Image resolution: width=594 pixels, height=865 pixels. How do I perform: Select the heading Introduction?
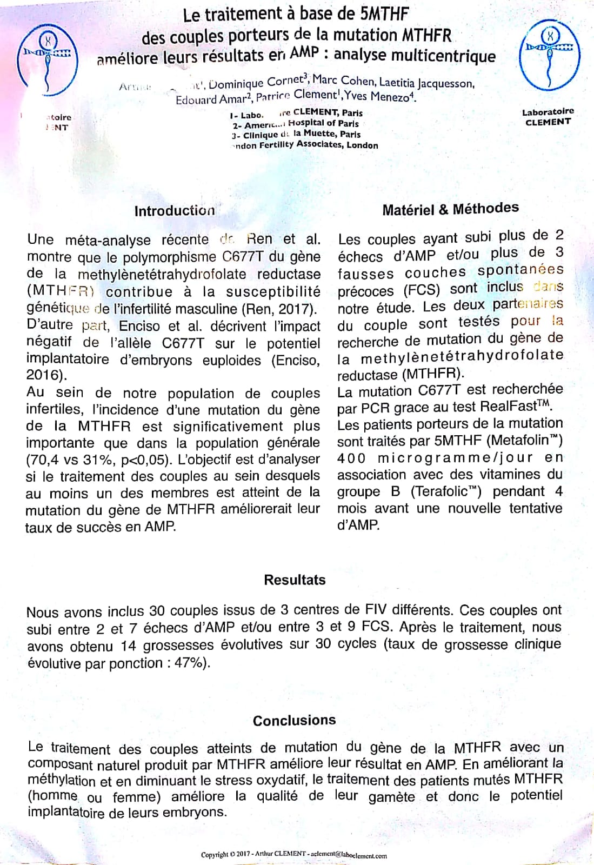(x=175, y=211)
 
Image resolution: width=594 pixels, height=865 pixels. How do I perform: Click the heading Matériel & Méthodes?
(x=450, y=209)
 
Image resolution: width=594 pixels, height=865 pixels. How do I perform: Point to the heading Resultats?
(x=295, y=580)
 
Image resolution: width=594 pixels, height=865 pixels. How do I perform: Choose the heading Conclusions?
(x=294, y=720)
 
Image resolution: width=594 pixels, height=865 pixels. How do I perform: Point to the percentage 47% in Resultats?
(x=189, y=663)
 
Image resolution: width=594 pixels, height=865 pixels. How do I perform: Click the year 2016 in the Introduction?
(x=43, y=375)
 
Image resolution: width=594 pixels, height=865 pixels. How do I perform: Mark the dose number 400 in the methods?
(x=351, y=458)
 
